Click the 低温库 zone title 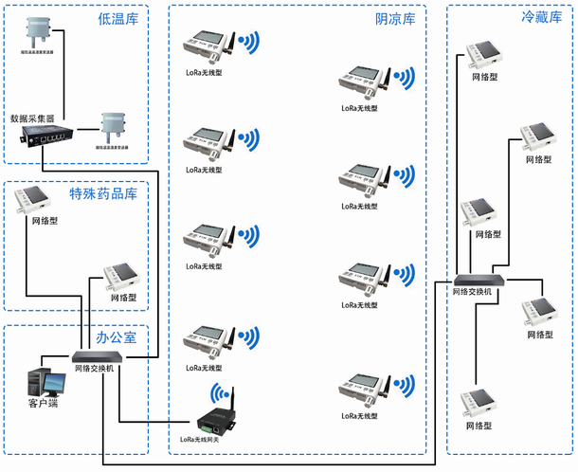(117, 19)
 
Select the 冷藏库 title (541, 17)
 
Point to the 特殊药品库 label (103, 193)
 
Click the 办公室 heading (116, 337)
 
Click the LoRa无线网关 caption (213, 439)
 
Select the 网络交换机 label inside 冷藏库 (471, 292)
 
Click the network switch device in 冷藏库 (479, 279)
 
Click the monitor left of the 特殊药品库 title (39, 200)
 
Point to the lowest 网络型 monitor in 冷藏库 (479, 403)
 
